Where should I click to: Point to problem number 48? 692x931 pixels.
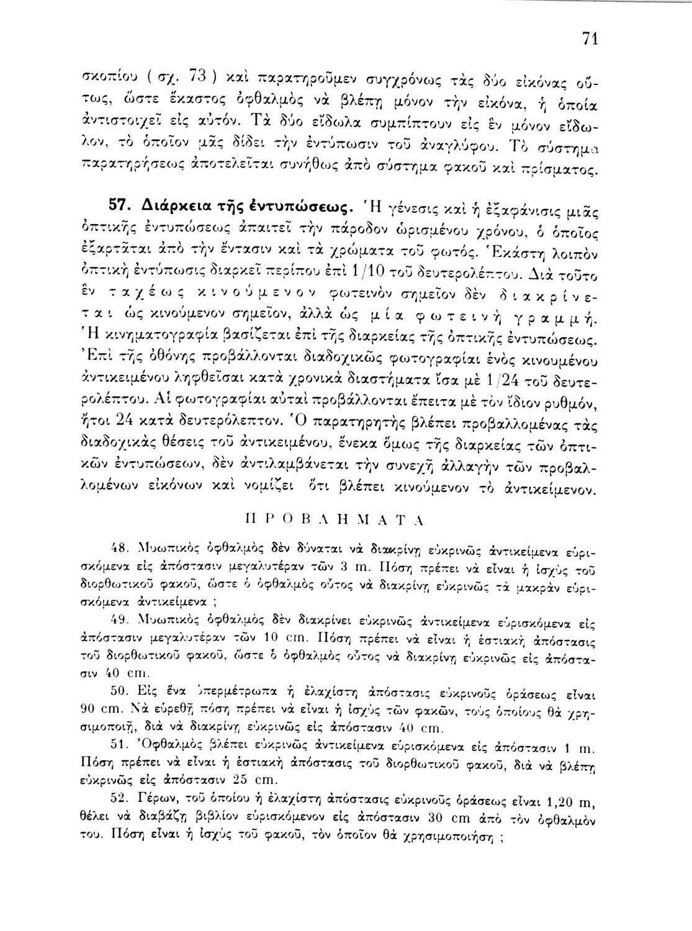click(x=117, y=548)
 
